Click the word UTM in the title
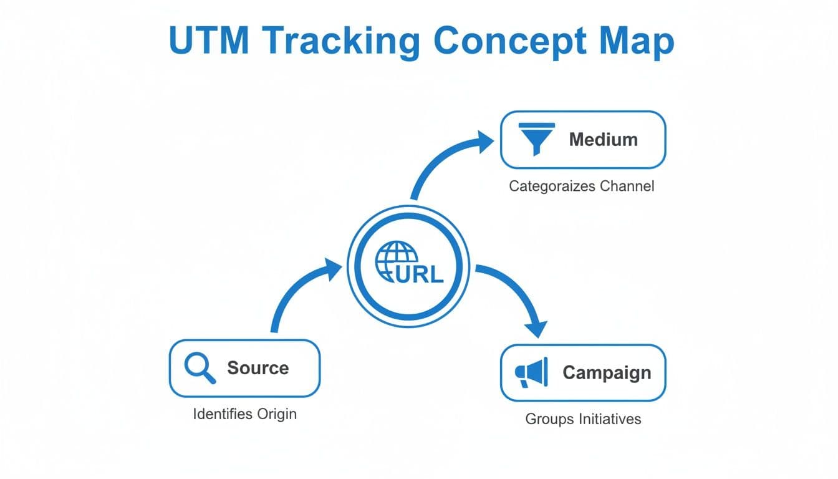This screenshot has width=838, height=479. [208, 42]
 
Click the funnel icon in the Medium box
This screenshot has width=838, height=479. [536, 139]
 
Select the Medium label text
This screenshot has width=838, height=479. [603, 139]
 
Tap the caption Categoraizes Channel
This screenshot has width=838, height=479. [582, 186]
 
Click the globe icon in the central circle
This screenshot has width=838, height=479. [395, 259]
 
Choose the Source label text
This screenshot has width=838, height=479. [258, 368]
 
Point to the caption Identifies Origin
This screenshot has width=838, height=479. [244, 414]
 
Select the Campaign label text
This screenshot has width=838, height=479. [606, 372]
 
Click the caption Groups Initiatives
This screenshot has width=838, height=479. [583, 419]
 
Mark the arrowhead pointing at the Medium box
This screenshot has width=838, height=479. [484, 142]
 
